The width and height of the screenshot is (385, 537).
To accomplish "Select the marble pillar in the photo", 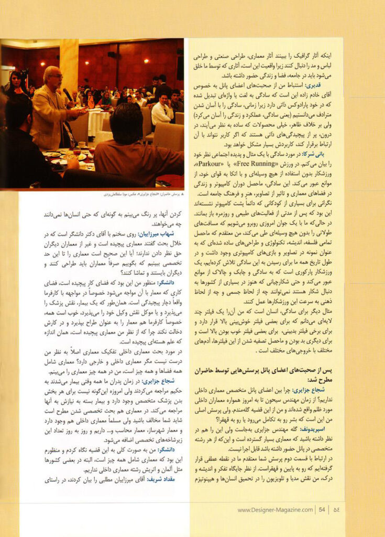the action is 69,58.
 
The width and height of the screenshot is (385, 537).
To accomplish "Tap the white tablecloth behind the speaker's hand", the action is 97,121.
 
